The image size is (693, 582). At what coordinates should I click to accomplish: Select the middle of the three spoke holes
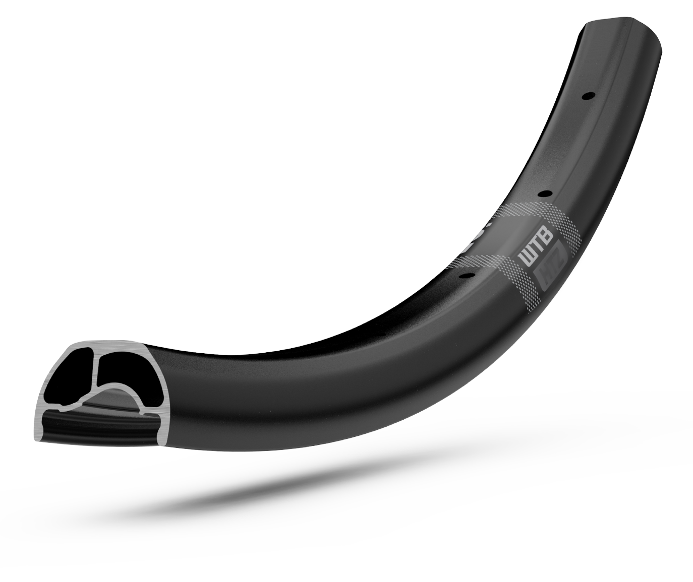click(x=544, y=193)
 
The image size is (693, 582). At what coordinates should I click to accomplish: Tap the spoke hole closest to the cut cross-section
click(x=467, y=275)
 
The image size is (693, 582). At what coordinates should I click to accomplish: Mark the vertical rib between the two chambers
click(x=95, y=375)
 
